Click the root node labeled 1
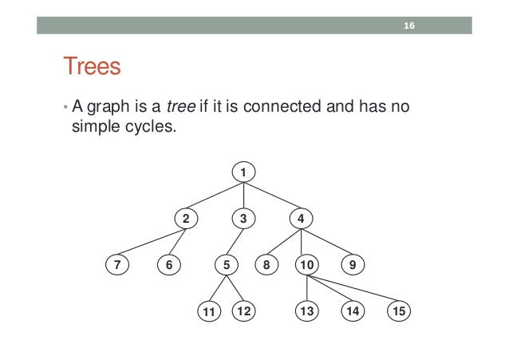243,171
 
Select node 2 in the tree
187,217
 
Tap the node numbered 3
243,217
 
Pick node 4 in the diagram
301,217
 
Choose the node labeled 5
227,264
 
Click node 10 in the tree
307,264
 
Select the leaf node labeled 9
351,264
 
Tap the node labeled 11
208,311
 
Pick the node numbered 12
243,311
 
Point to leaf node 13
307,311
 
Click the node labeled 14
351,311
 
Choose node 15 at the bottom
398,311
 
